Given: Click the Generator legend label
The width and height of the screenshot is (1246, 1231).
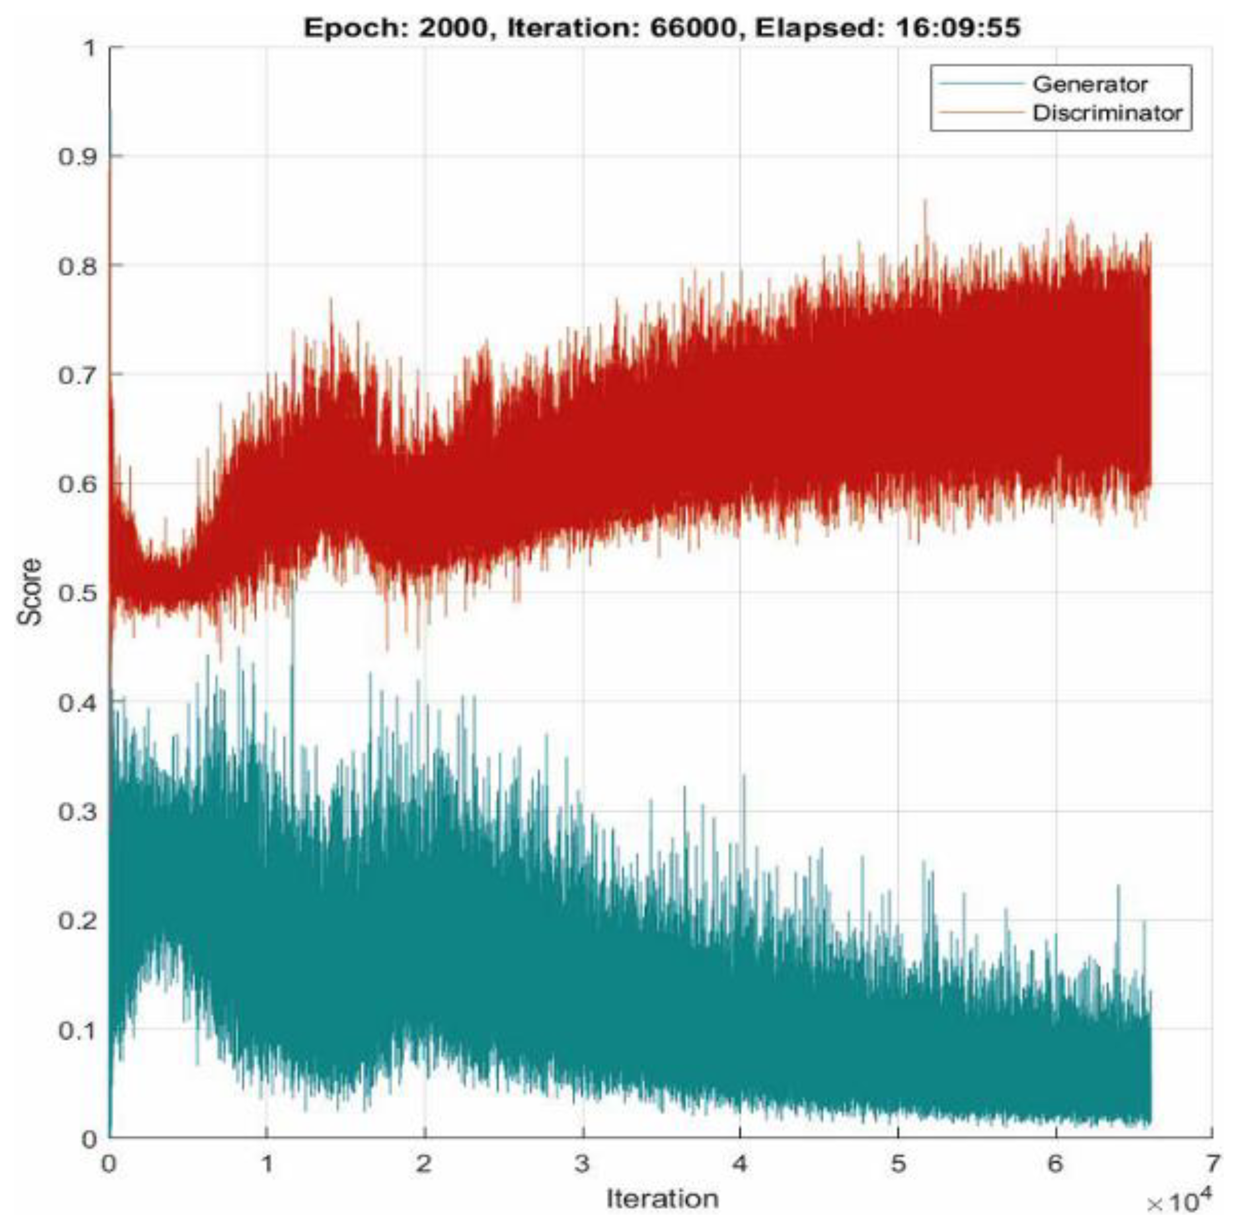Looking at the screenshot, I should [1090, 85].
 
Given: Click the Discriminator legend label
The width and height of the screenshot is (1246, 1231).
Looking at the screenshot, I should [1107, 113].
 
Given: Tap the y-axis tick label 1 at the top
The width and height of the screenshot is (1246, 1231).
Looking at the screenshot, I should [90, 48].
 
